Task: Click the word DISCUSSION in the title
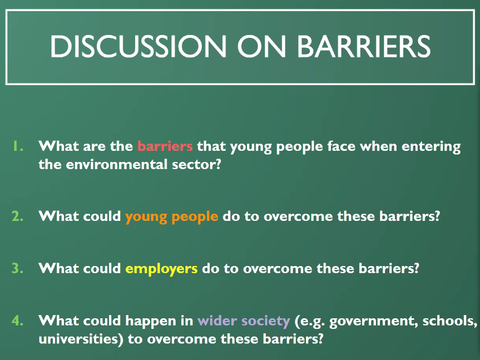138,46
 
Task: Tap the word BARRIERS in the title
364,46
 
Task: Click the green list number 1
18,146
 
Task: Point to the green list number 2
18,216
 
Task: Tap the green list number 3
18,268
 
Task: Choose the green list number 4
18,320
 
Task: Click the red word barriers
165,146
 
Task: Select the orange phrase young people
172,217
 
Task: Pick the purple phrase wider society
244,321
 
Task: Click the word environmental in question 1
117,164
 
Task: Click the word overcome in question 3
278,269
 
